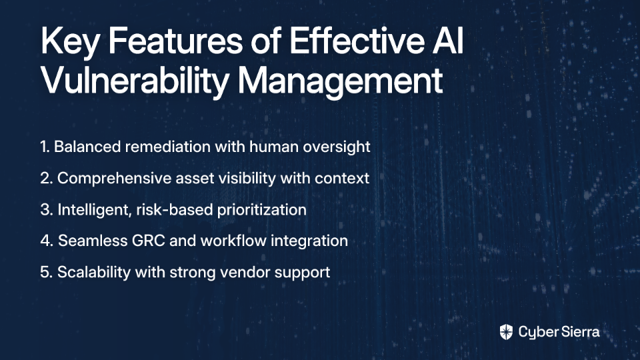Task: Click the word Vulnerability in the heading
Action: pyautogui.click(x=134, y=81)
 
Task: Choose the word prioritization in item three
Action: pyautogui.click(x=261, y=210)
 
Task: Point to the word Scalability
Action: pyautogui.click(x=94, y=273)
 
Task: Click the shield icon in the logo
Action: pyautogui.click(x=506, y=332)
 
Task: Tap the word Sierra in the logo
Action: pyautogui.click(x=579, y=331)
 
